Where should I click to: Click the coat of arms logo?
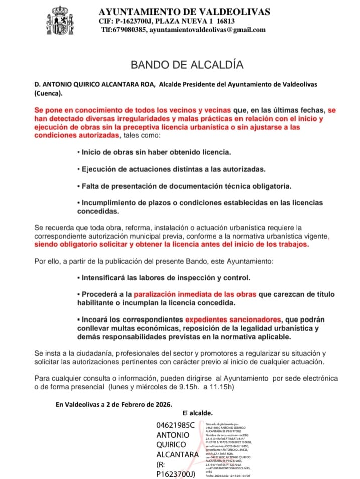click(59, 22)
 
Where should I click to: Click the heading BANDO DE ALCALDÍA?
click(180, 65)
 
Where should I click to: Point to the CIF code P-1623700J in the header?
click(135, 21)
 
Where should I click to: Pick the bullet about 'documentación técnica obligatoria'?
click(184, 186)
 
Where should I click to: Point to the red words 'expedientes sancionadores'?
click(232, 320)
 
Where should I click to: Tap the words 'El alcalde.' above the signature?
click(197, 413)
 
